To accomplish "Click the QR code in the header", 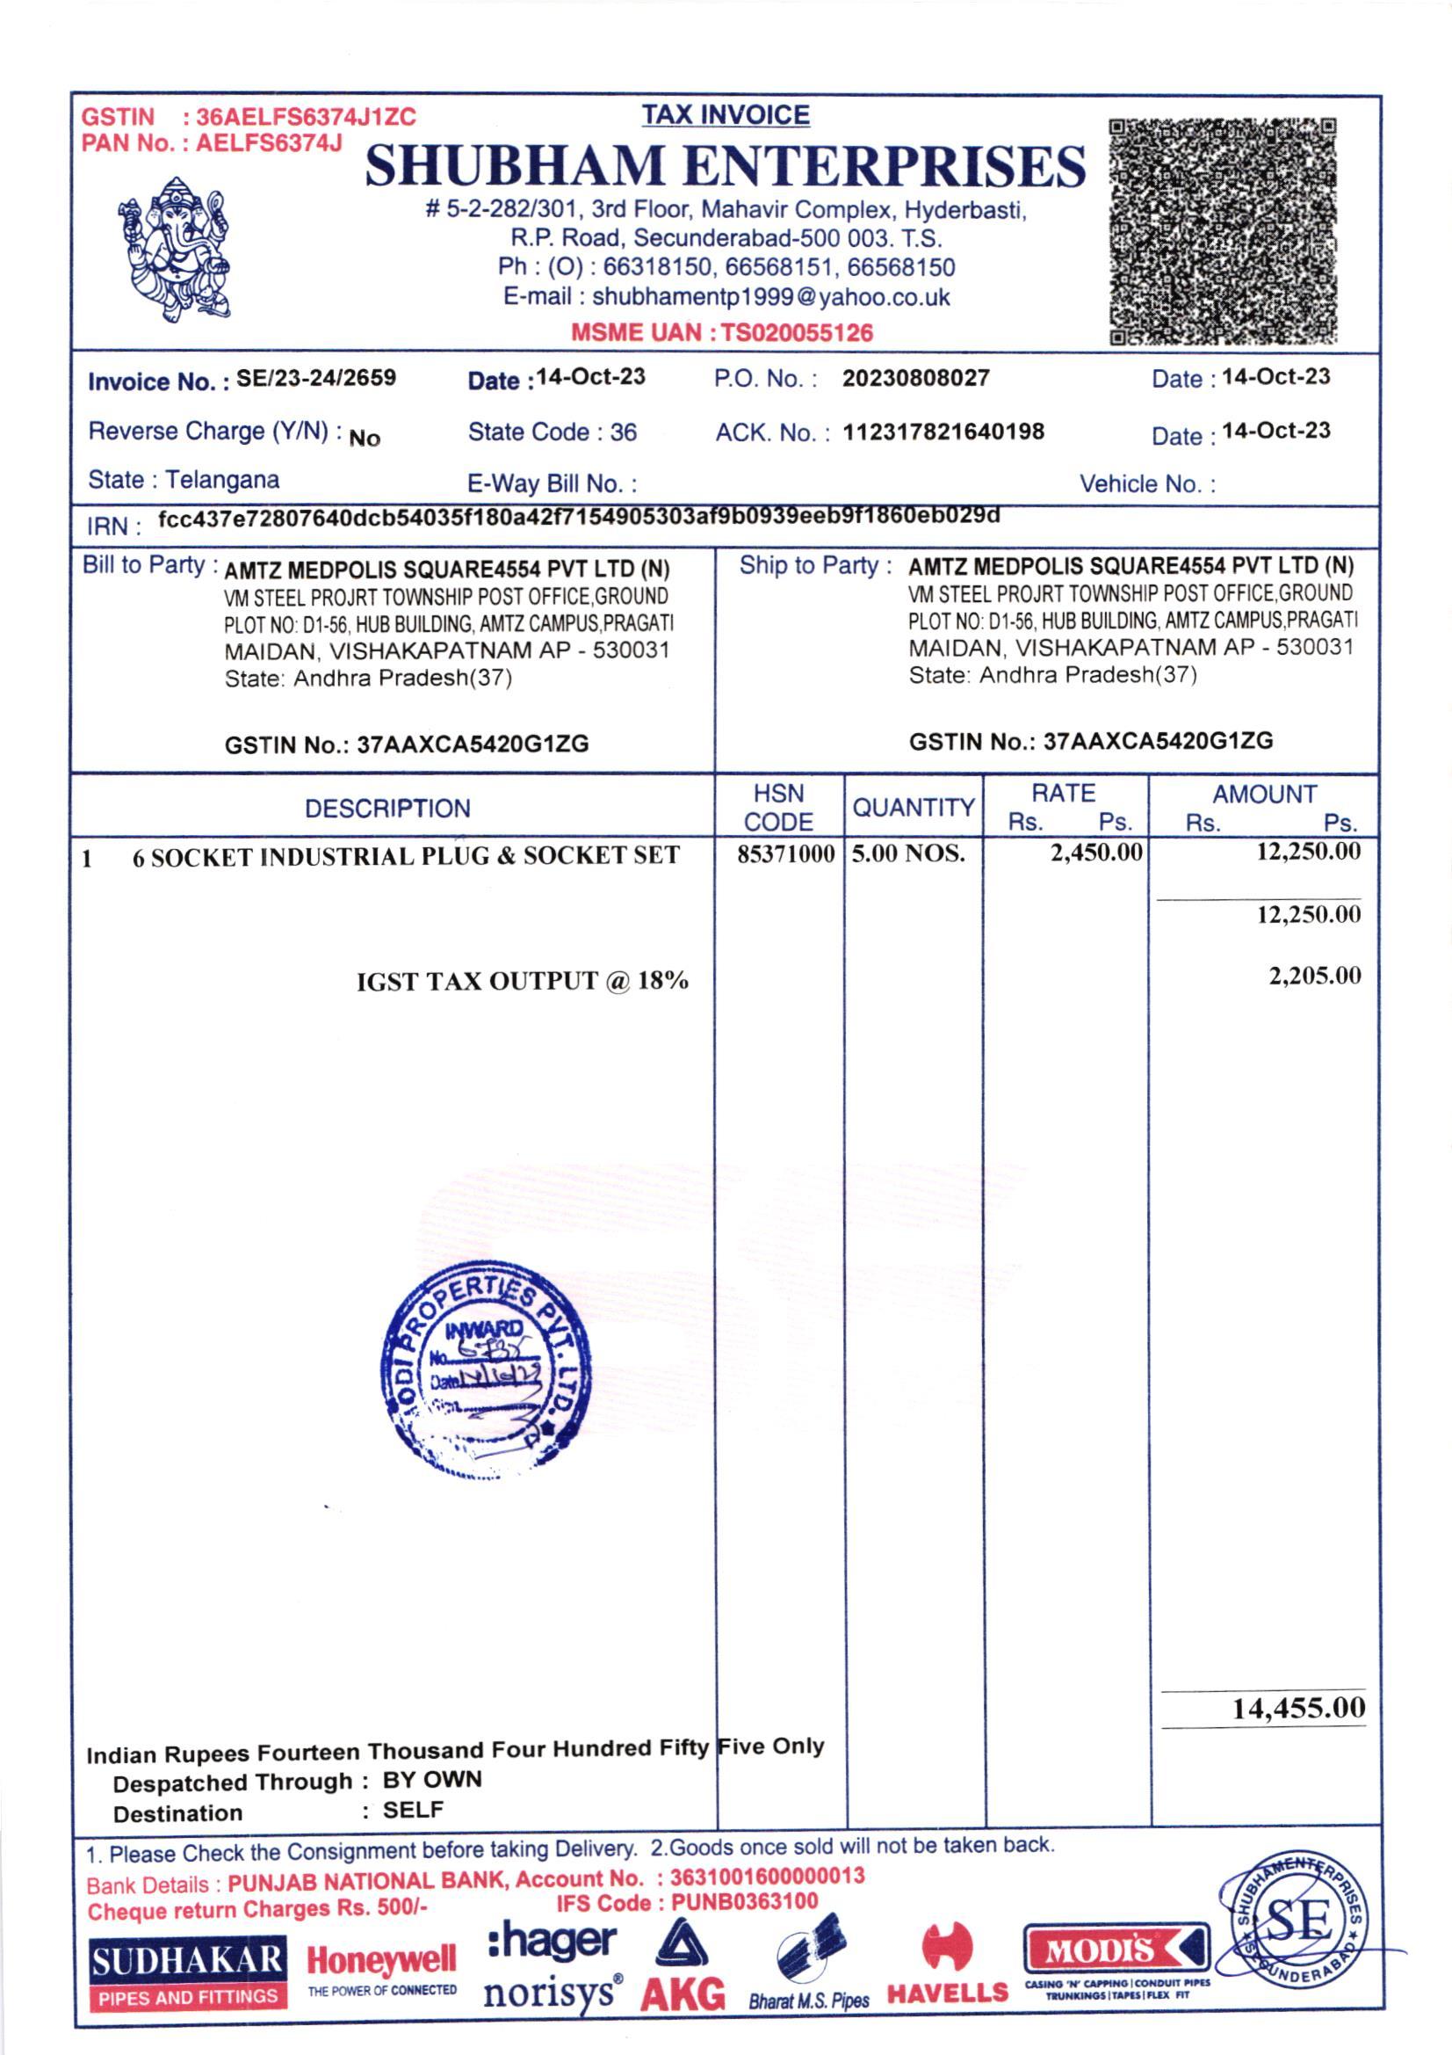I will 1222,231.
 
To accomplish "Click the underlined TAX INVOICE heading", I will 726,115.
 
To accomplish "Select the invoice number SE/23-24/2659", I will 316,378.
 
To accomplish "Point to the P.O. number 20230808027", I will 915,378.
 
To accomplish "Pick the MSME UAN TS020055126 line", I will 722,333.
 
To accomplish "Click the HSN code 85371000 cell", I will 785,853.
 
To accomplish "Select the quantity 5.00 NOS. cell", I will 908,853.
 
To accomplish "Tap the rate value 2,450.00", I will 1096,852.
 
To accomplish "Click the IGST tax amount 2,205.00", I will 1314,975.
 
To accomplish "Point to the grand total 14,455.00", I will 1298,1708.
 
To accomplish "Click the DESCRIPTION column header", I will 387,809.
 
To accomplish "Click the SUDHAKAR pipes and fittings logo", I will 188,1972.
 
